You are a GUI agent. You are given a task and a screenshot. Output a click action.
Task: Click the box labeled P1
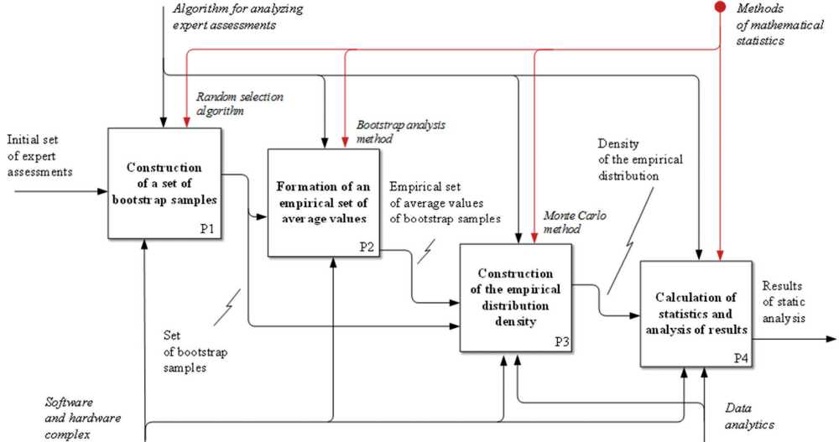(164, 184)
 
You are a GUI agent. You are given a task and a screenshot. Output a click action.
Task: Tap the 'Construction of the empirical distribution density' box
(515, 297)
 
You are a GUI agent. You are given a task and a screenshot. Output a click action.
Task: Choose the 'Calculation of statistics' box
(696, 314)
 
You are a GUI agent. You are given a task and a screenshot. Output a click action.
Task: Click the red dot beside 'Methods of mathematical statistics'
(720, 8)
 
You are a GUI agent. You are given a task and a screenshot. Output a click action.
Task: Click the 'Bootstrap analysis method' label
(400, 132)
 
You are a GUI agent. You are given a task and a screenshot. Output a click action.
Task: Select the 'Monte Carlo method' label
(575, 221)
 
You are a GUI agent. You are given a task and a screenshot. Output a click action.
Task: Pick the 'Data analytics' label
(749, 416)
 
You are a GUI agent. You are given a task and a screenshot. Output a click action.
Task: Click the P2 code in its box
(367, 247)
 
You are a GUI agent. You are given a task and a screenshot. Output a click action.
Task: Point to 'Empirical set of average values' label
(445, 202)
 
